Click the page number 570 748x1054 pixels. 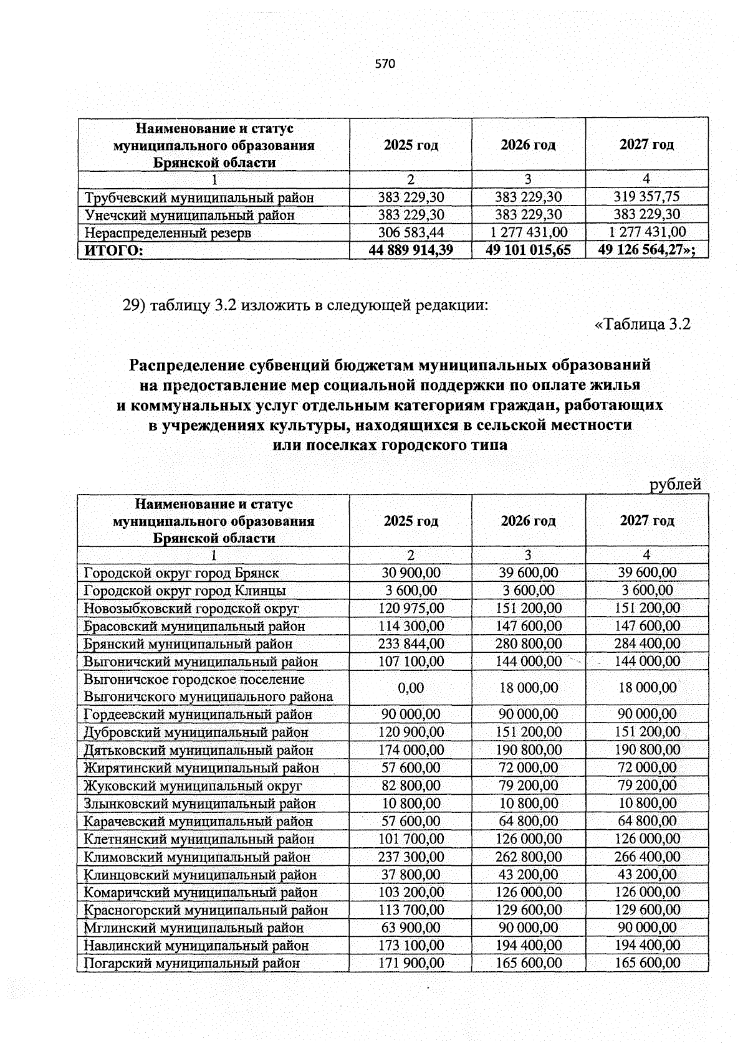(x=385, y=64)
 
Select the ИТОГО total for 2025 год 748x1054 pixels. (x=411, y=250)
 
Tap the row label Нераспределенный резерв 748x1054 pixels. (x=168, y=233)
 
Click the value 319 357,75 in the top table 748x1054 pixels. (x=646, y=197)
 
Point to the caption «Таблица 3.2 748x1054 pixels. (x=643, y=325)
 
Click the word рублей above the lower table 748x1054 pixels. (x=676, y=484)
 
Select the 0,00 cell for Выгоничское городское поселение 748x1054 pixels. (x=411, y=688)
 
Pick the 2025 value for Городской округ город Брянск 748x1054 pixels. (x=411, y=572)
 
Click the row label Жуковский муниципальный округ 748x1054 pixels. (x=193, y=786)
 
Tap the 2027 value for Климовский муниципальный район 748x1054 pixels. (x=647, y=857)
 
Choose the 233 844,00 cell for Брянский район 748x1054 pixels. (x=411, y=643)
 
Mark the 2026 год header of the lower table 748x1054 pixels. (x=528, y=521)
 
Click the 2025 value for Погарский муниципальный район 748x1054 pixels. (x=411, y=963)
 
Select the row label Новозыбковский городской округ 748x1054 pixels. (x=191, y=608)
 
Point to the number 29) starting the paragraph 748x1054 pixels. (x=134, y=306)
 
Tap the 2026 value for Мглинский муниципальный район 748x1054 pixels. (x=528, y=928)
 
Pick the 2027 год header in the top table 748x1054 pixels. (x=646, y=145)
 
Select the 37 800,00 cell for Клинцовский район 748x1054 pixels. (x=411, y=875)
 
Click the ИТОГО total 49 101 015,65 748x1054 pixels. (x=528, y=250)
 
